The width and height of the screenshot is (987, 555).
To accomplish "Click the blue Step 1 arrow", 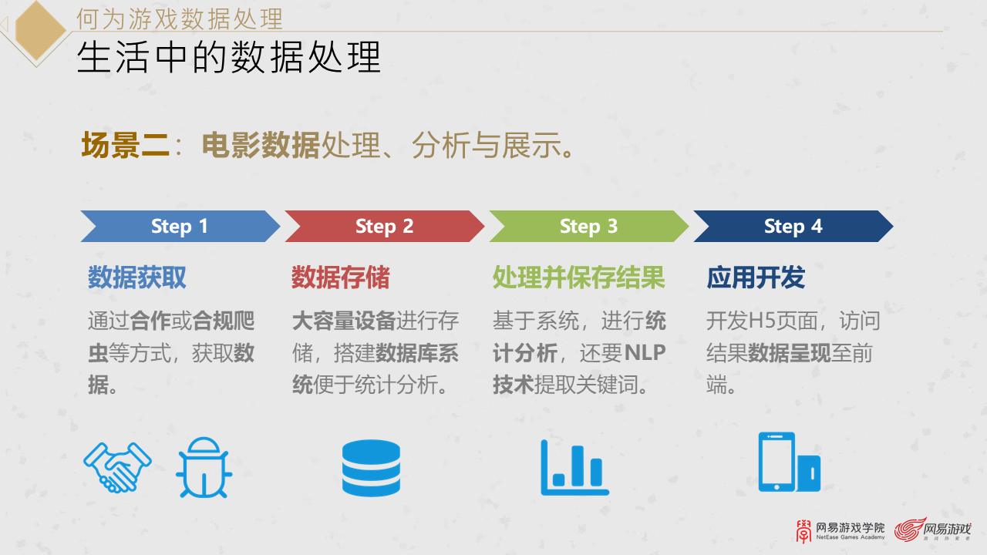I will pos(180,227).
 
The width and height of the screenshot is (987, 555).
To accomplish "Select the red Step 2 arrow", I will pos(384,227).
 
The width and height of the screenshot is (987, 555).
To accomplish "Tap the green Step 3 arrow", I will pos(588,227).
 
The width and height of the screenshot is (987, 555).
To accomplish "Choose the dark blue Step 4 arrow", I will pos(793,227).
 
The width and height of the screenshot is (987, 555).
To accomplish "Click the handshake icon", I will pos(117,467).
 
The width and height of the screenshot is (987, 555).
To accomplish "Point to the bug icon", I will pos(204,467).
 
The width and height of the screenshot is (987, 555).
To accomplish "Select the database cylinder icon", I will pos(371,468).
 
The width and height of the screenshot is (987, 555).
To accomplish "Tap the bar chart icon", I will pos(574,468).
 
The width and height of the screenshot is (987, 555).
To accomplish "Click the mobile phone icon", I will pos(788,462).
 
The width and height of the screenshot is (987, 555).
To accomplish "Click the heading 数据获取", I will pos(136,277).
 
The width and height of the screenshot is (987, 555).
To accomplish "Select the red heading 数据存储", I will pos(340,277).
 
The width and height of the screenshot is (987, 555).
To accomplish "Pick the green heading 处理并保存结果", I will pos(578,277).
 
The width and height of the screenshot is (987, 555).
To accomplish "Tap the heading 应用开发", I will pos(756,277).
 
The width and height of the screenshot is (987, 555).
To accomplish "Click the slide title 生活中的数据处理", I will pos(229,58).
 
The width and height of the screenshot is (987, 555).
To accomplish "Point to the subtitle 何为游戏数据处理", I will pos(179,18).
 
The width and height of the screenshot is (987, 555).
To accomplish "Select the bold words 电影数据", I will pos(261,145).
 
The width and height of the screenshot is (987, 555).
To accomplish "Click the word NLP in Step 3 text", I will pos(645,353).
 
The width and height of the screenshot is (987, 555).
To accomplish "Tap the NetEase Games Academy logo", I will pos(840,530).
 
